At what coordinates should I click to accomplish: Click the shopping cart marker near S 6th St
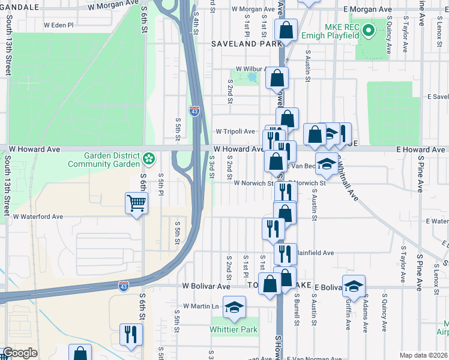(137, 204)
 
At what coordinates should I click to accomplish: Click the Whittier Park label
(233, 329)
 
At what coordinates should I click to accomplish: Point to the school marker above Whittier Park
(234, 308)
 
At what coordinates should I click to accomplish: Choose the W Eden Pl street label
(58, 26)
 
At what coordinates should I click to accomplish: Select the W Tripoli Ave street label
(235, 131)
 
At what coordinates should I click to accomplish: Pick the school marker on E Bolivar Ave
(354, 286)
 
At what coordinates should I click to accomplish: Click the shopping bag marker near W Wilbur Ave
(277, 78)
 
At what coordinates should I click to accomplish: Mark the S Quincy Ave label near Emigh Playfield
(389, 38)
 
